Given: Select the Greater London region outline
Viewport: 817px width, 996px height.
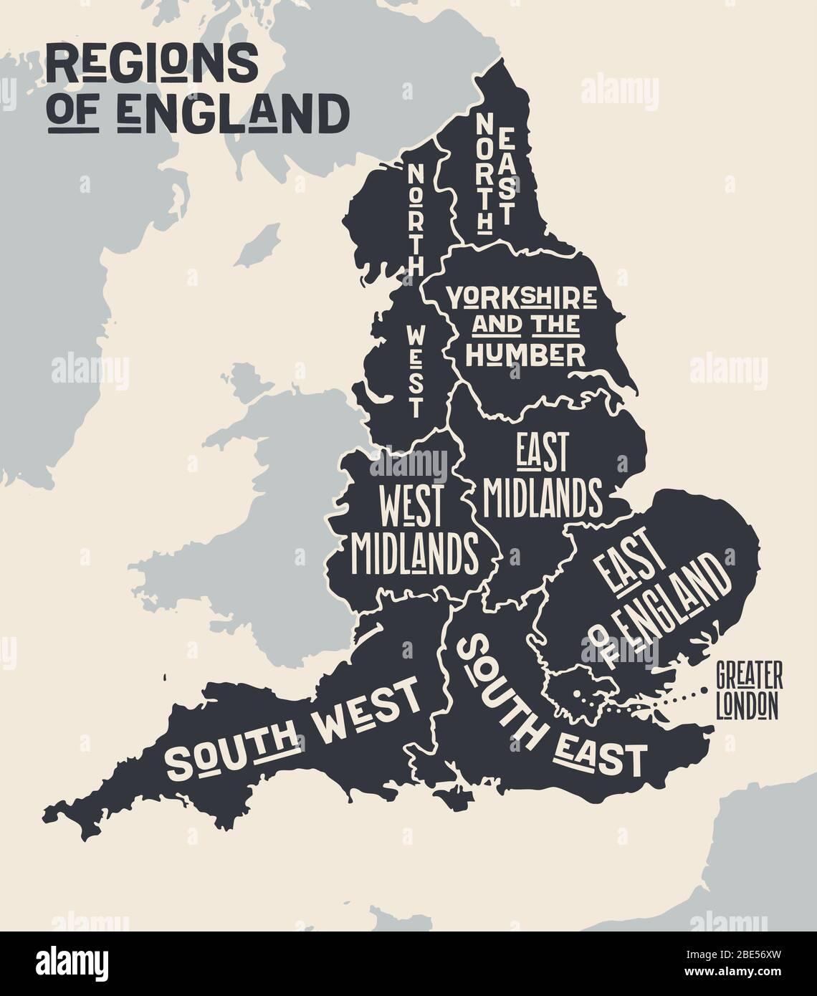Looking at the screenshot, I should click(580, 691).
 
